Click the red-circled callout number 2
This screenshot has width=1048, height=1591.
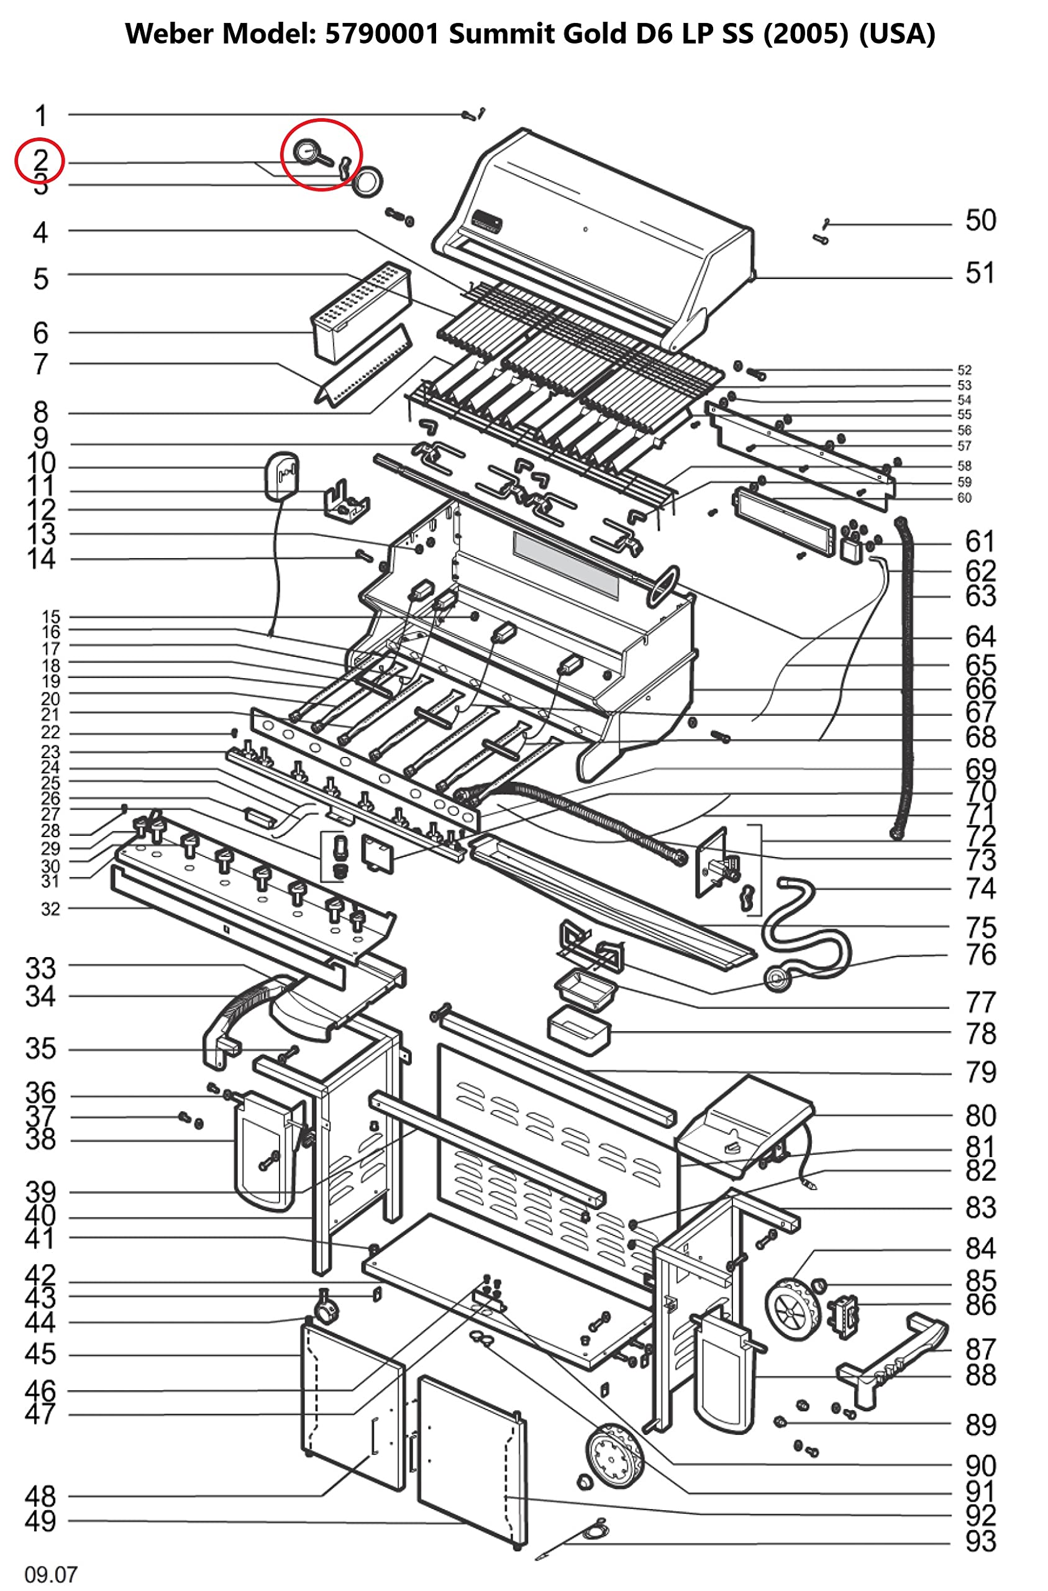(40, 160)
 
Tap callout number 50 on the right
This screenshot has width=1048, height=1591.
(980, 221)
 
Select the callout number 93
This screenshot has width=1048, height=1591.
(980, 1541)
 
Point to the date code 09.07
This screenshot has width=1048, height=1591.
(51, 1574)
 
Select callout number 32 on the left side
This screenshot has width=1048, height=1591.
(50, 909)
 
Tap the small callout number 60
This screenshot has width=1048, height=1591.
(964, 497)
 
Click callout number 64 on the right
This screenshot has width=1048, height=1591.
(980, 636)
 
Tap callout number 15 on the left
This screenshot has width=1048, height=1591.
(50, 617)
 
